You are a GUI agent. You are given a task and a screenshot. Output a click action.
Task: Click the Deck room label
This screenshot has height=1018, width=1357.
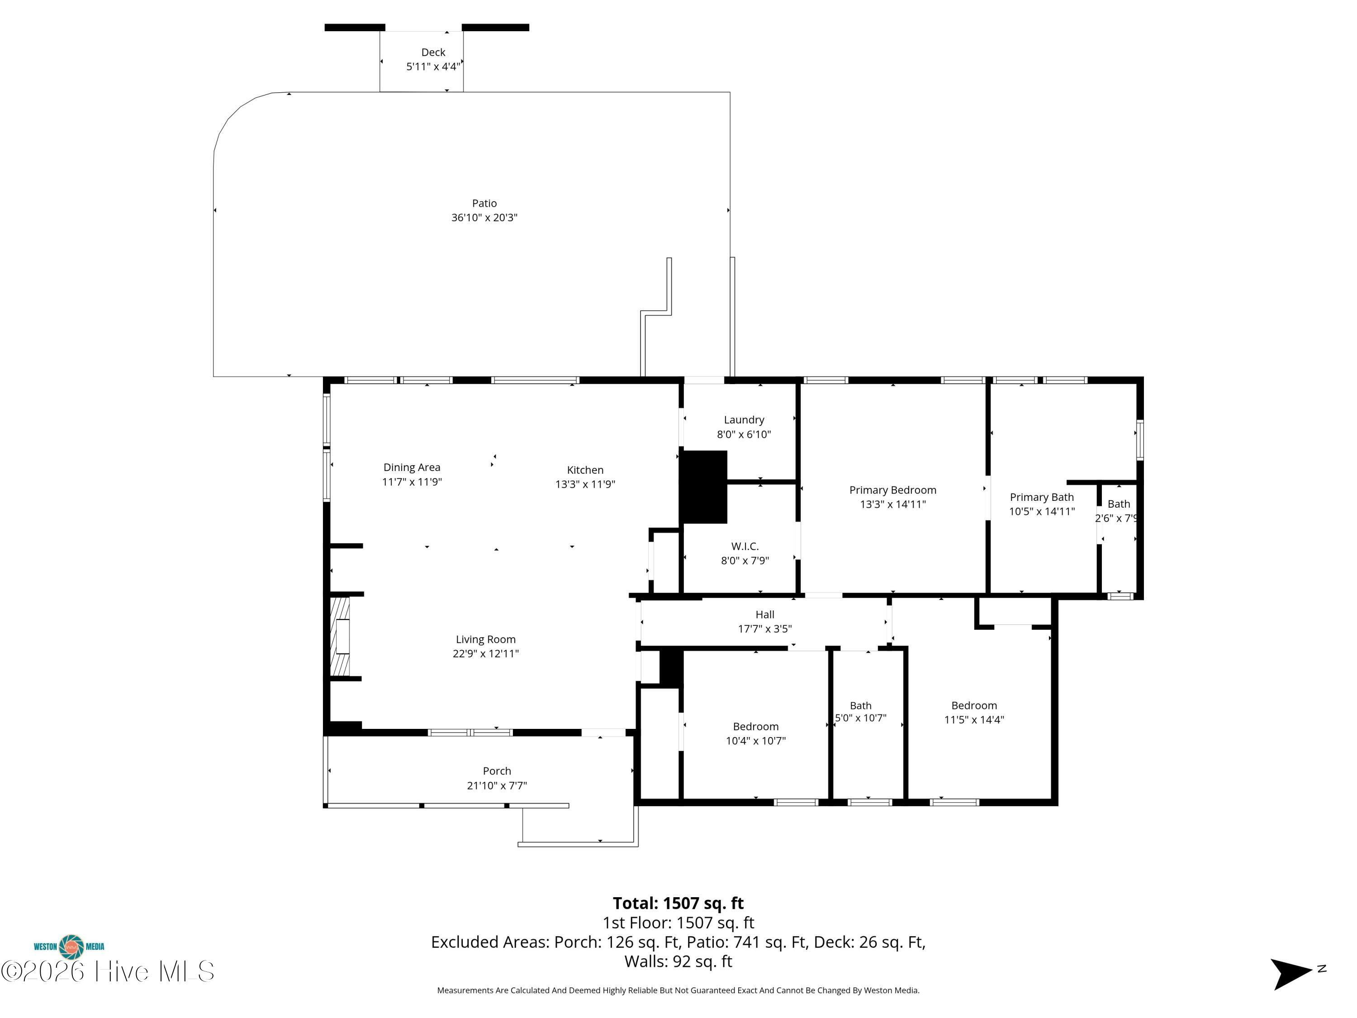click(x=433, y=52)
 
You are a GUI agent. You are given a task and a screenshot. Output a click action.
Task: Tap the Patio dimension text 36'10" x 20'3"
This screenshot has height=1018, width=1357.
click(x=484, y=217)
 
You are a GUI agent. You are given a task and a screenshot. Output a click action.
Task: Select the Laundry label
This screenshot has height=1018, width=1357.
click(x=744, y=420)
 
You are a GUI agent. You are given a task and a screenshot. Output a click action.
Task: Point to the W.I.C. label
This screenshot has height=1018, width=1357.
click(x=745, y=546)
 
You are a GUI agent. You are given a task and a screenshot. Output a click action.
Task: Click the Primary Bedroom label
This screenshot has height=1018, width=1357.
click(x=892, y=490)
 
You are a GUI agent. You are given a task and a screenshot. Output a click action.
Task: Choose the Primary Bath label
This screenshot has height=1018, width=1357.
click(x=1042, y=497)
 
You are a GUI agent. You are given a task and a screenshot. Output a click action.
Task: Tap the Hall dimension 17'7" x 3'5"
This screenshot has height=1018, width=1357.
click(x=765, y=628)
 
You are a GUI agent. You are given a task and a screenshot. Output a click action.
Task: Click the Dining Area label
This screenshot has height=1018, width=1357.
click(x=412, y=467)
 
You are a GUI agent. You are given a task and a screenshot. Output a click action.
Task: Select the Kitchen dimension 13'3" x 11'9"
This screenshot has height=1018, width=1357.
click(x=585, y=484)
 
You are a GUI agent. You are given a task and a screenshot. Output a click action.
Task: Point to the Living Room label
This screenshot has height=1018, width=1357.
click(x=485, y=639)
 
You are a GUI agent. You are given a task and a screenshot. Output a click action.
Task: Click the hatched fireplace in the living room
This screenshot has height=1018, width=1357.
click(x=341, y=636)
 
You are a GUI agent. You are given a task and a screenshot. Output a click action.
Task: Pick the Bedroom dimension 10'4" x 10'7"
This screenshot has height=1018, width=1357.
click(x=756, y=741)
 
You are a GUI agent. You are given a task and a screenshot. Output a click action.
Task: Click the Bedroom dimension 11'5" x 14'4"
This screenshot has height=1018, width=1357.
click(x=974, y=720)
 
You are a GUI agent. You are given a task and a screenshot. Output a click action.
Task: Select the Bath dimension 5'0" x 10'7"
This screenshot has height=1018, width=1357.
click(x=861, y=718)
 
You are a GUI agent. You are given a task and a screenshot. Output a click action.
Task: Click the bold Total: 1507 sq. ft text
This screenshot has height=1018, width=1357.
click(x=678, y=903)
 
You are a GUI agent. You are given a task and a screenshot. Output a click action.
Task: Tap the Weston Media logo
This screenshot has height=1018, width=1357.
click(x=69, y=947)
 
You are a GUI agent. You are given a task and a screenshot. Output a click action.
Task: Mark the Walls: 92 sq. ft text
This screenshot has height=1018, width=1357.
click(x=678, y=961)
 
